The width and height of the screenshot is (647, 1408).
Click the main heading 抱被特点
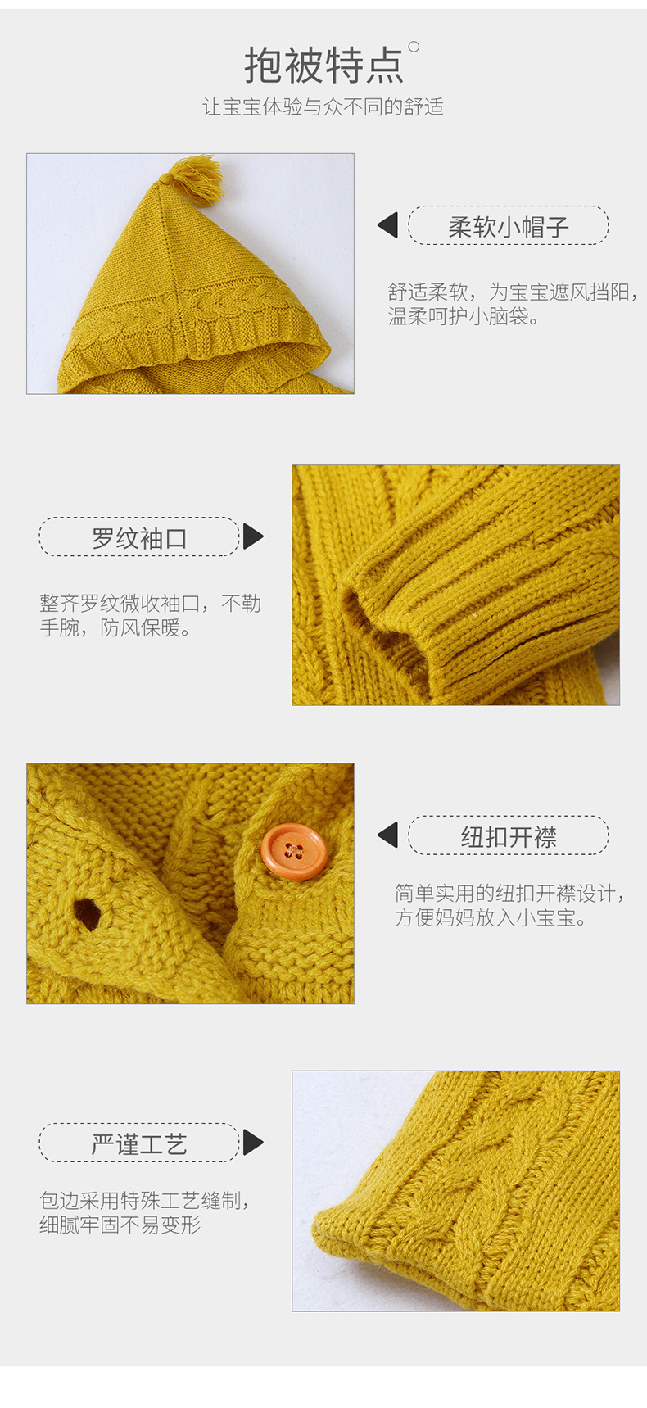click(x=323, y=66)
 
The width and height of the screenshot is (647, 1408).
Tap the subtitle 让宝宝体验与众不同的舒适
click(x=323, y=107)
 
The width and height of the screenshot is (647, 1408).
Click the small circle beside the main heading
click(x=414, y=47)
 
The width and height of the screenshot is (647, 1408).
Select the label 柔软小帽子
click(x=508, y=226)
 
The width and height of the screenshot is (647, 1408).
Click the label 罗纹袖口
click(x=139, y=537)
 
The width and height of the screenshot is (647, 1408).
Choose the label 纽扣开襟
click(x=508, y=836)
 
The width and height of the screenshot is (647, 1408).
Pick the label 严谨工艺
click(x=139, y=1143)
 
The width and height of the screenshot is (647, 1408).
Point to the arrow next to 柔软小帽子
click(x=388, y=225)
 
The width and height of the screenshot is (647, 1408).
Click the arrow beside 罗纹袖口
click(x=253, y=537)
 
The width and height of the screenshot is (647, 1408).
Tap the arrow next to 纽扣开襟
click(x=388, y=835)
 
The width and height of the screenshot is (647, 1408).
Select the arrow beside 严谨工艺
click(x=253, y=1143)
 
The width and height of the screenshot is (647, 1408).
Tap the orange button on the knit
click(x=294, y=852)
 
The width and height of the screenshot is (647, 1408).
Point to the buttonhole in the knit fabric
click(x=86, y=914)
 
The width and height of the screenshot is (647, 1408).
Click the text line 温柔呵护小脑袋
click(x=464, y=317)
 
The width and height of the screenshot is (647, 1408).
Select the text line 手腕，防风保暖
click(x=115, y=628)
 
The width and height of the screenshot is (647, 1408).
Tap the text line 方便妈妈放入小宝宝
click(x=491, y=918)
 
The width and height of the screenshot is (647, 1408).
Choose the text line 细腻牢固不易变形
click(x=120, y=1225)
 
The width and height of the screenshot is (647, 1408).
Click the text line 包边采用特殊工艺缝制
click(x=144, y=1201)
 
